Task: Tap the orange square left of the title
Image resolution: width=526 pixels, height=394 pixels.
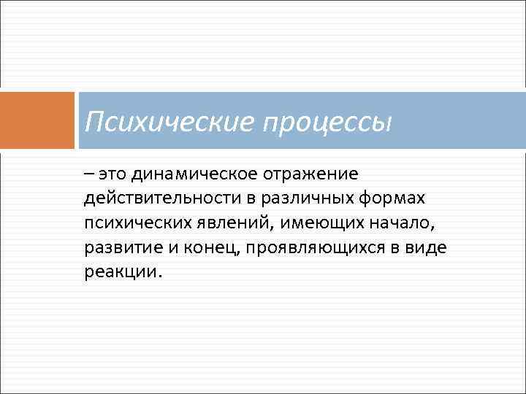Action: [37, 120]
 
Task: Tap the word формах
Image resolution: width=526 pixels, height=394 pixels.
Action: [400, 199]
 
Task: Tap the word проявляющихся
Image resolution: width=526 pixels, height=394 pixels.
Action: [312, 247]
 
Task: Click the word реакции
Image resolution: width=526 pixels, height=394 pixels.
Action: [121, 271]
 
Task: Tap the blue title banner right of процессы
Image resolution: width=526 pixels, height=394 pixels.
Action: [460, 120]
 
